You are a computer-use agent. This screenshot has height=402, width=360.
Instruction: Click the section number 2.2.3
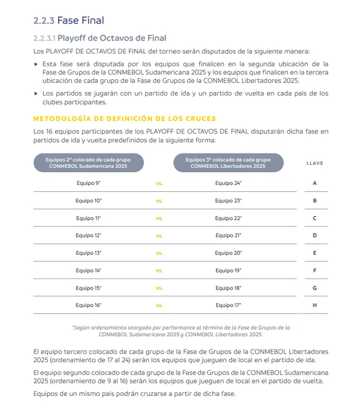coord(44,21)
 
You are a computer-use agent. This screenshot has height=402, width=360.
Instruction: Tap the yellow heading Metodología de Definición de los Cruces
coord(124,119)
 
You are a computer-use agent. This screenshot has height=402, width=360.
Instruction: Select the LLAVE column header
coord(314,163)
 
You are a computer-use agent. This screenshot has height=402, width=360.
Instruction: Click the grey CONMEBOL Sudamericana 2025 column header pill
coord(88,163)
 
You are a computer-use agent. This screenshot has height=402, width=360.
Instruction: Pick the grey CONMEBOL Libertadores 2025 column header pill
coord(228,163)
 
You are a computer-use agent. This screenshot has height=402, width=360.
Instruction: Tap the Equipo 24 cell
coord(228,183)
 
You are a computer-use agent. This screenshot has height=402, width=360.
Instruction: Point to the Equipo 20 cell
coord(228,253)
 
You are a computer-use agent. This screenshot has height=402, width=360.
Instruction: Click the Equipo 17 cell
coord(228,305)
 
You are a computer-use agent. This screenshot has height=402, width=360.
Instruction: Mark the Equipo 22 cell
coord(228,218)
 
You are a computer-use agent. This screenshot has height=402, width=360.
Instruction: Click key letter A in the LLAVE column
coord(314,183)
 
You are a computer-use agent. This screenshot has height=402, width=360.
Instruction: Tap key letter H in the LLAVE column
coord(314,305)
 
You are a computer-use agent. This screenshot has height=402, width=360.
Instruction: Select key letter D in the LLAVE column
coord(314,236)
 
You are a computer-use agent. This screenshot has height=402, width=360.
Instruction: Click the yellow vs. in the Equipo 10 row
coord(159,201)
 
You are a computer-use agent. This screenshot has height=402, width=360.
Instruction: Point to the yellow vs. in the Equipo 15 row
coord(159,288)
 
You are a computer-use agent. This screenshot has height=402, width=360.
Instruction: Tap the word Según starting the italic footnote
coord(82,327)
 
